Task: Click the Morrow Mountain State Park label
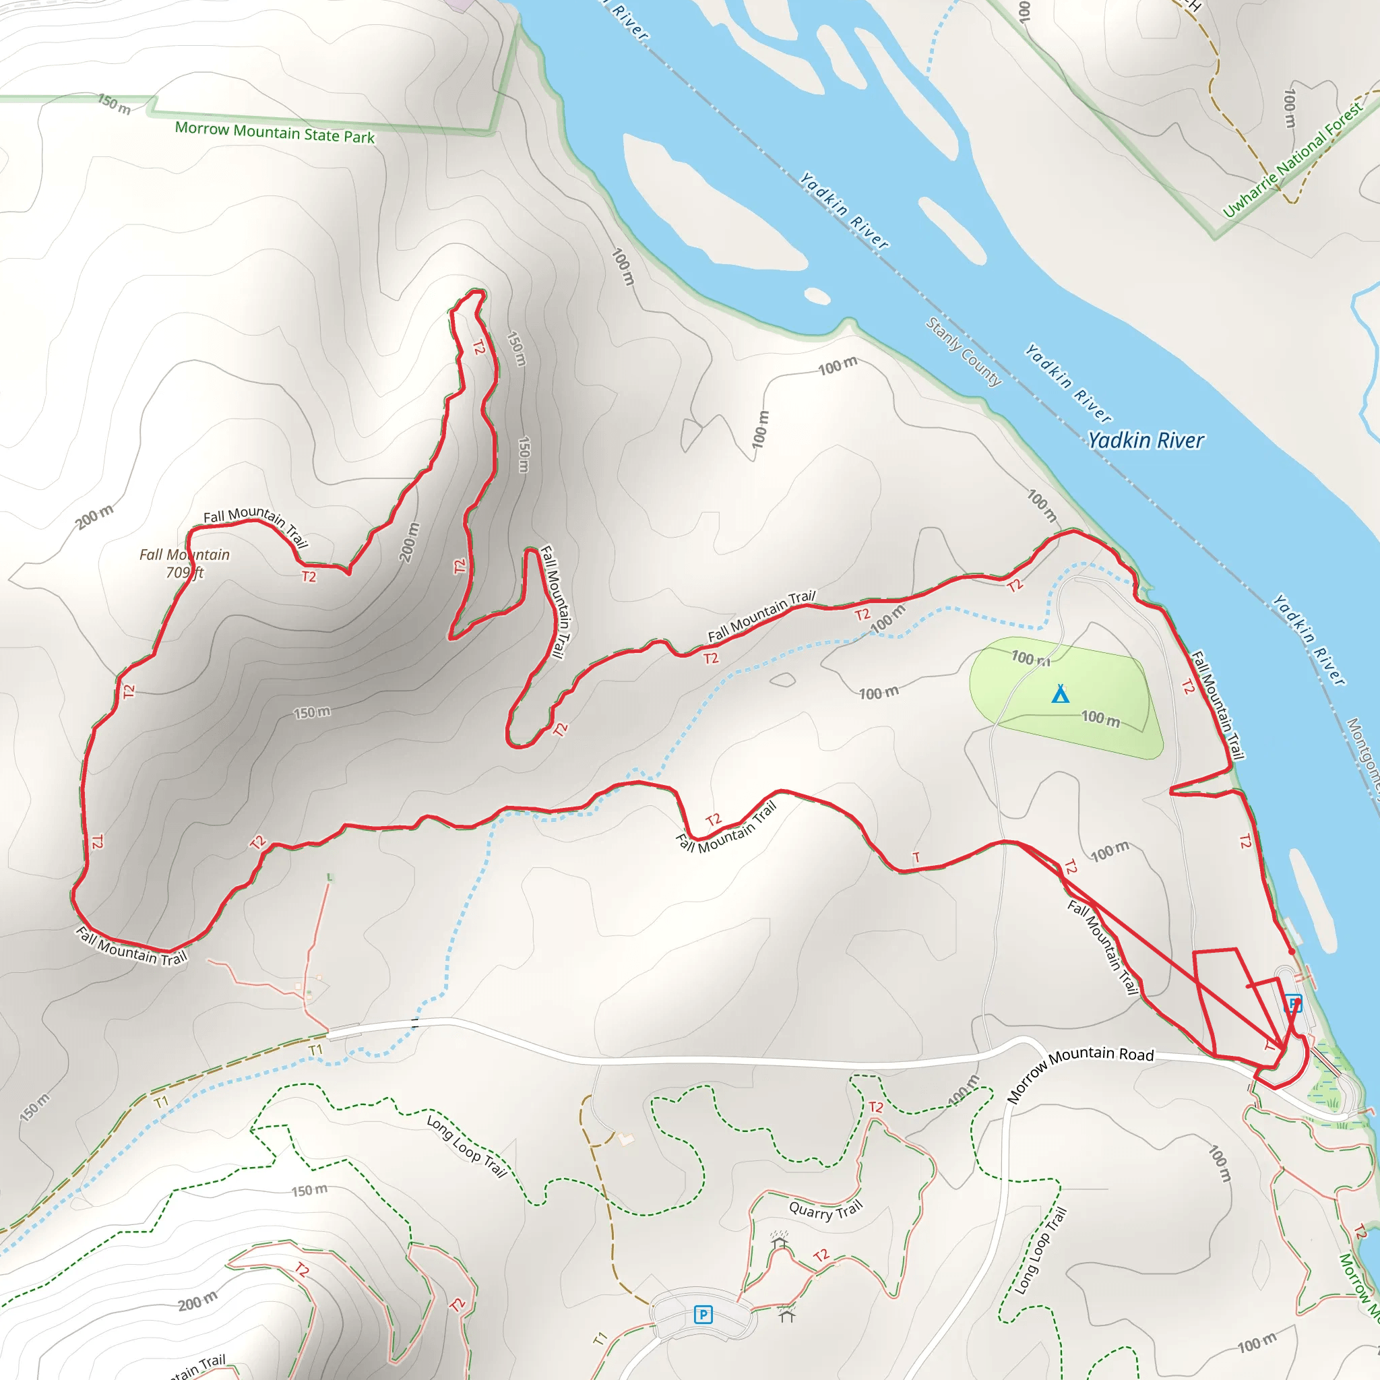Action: (x=275, y=132)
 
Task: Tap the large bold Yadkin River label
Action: (x=1146, y=440)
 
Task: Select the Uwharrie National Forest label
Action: (x=1292, y=160)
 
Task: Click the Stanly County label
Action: (x=964, y=352)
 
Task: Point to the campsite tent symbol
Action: (x=1060, y=693)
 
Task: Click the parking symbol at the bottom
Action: (x=703, y=1314)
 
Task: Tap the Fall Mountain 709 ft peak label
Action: (x=184, y=563)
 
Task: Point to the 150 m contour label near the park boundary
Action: (x=115, y=104)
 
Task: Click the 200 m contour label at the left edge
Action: (x=94, y=516)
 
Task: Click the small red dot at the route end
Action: (x=1292, y=952)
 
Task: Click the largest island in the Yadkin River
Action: (x=707, y=207)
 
